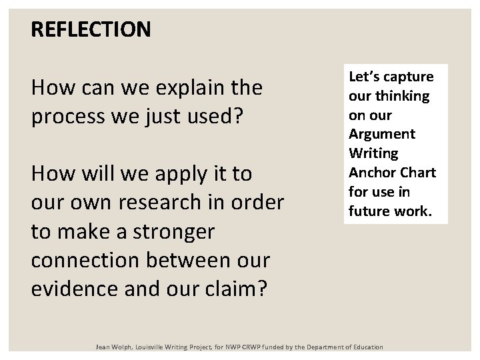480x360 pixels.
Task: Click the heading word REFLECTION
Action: pos(91,29)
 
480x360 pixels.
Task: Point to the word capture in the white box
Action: pos(408,77)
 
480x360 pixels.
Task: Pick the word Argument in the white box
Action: pos(382,134)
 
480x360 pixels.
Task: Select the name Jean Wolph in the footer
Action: pos(115,347)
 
